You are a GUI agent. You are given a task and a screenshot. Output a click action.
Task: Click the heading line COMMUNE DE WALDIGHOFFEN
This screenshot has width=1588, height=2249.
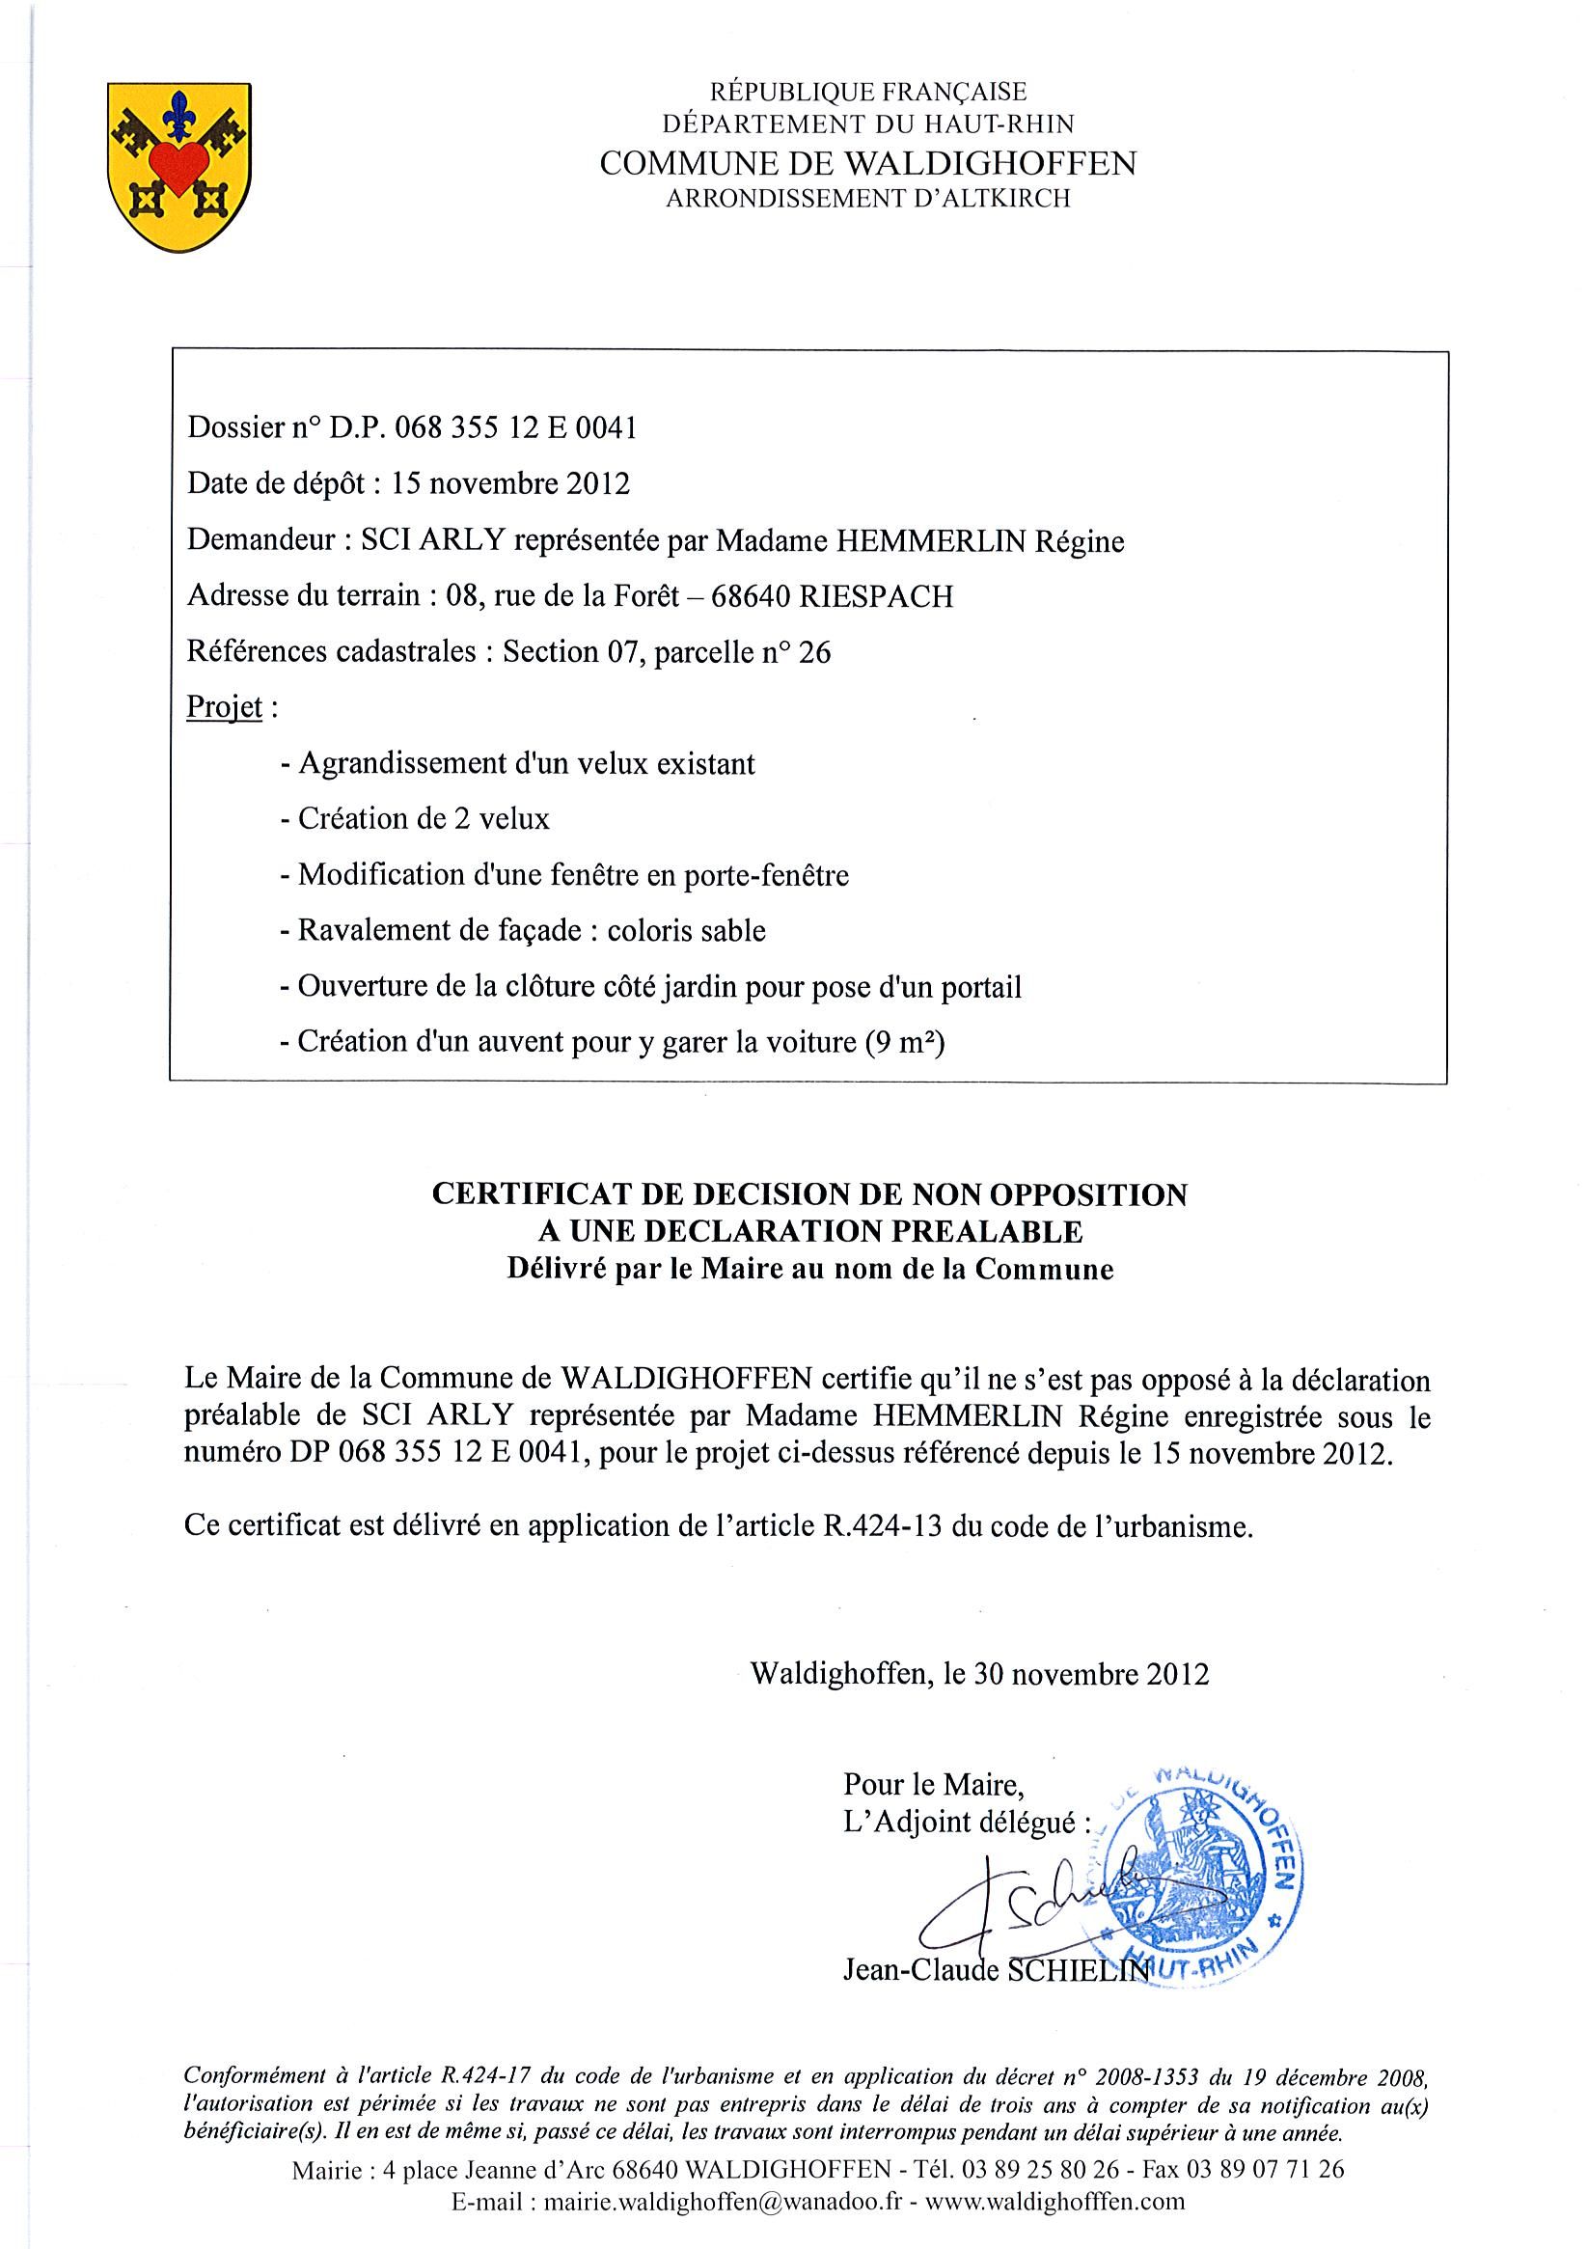[x=867, y=163]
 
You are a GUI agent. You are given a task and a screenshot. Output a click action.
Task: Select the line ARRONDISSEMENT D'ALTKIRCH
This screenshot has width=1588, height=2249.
[x=867, y=199]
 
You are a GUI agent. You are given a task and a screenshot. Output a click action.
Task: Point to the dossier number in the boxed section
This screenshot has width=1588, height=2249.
[x=515, y=428]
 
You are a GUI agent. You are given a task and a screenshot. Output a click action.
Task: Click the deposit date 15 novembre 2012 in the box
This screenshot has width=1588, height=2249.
[x=509, y=484]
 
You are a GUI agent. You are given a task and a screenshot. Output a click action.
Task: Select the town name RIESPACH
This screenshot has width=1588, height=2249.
[x=876, y=596]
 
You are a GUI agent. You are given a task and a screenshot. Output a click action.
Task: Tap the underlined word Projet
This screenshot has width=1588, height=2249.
[x=225, y=707]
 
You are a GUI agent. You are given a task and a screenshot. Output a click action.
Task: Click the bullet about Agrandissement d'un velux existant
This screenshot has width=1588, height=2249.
[x=517, y=763]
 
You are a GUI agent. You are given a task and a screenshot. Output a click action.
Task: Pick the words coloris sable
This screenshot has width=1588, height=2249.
[x=686, y=929]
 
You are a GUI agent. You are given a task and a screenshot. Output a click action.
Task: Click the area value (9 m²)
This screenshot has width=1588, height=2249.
[x=903, y=1041]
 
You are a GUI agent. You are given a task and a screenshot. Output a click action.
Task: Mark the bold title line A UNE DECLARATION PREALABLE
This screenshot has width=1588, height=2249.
[x=809, y=1231]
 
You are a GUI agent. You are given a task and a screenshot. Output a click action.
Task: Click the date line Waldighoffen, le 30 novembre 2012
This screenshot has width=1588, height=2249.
[x=978, y=1673]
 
